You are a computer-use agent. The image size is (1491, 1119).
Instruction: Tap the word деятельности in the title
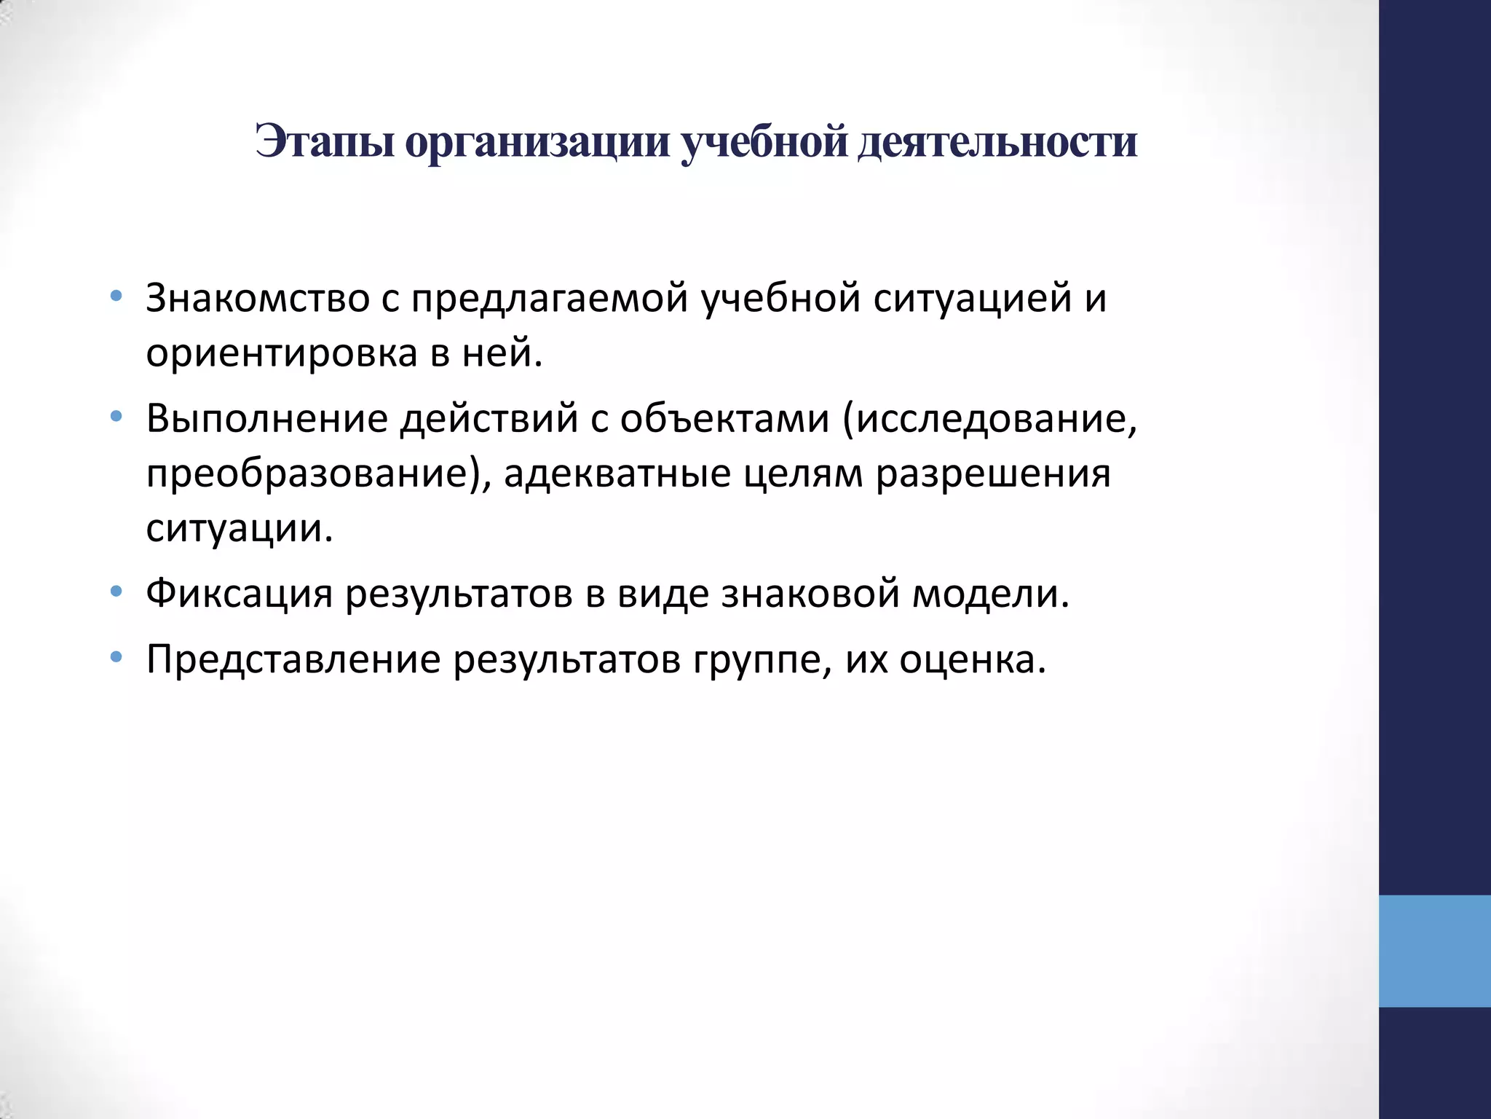997,141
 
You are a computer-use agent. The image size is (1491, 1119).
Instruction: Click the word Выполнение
266,418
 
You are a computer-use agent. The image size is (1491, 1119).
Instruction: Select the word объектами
724,418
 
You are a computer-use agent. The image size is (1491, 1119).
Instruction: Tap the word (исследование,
989,420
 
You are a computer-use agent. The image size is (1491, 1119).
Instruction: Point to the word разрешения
993,474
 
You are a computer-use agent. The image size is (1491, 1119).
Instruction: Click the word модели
990,594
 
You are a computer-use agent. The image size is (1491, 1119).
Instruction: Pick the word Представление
293,660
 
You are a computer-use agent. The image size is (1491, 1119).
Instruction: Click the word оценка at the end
972,660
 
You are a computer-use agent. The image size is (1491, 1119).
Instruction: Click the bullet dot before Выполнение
115,417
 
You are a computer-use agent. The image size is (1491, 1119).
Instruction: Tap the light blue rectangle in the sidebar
1434,951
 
